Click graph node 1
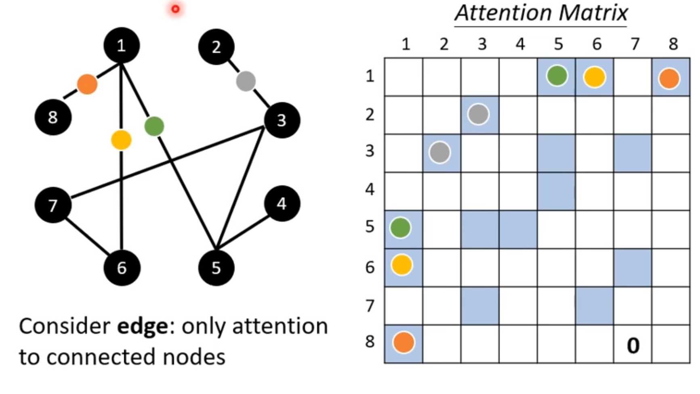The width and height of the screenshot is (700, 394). click(x=122, y=46)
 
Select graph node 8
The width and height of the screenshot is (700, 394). click(x=53, y=117)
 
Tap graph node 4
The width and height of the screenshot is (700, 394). click(x=282, y=203)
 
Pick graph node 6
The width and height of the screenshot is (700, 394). click(x=122, y=268)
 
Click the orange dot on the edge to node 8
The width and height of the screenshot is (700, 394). click(x=87, y=84)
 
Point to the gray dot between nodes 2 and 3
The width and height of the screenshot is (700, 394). click(x=246, y=81)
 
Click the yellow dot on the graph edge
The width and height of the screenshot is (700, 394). click(x=121, y=140)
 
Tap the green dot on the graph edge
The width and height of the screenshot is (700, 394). click(x=154, y=126)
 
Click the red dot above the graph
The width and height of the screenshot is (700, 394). click(x=175, y=9)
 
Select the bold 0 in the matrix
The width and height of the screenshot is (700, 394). click(x=633, y=346)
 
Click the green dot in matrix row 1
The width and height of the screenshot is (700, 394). click(x=557, y=76)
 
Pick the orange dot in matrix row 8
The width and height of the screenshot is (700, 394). click(x=404, y=342)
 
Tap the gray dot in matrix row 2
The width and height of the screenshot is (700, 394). click(x=479, y=114)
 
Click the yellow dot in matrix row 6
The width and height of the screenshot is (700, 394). click(x=402, y=265)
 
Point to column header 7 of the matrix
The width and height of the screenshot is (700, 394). click(x=635, y=44)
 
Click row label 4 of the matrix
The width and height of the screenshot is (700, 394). click(x=370, y=189)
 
